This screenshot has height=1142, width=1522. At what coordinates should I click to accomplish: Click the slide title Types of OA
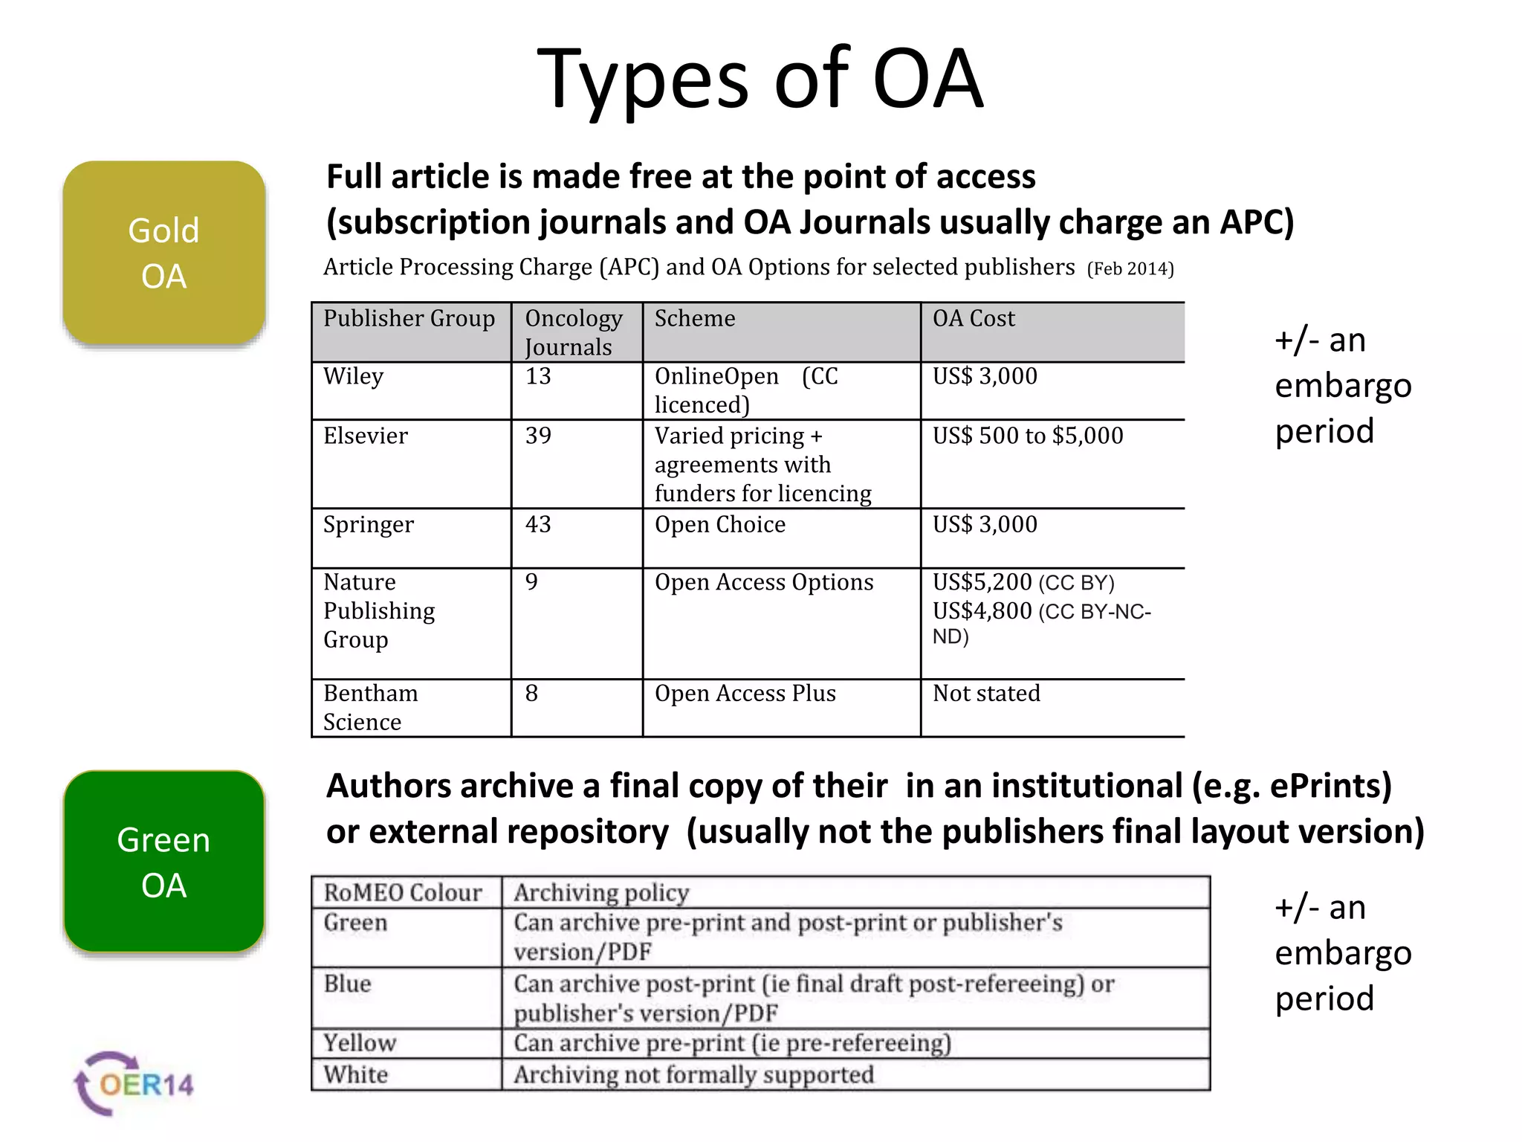(x=760, y=79)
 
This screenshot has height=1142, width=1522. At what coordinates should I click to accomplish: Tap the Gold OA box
(x=164, y=253)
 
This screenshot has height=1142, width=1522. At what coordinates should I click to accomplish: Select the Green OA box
(x=164, y=862)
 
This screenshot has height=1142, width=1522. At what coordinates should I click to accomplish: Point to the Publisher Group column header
(x=409, y=319)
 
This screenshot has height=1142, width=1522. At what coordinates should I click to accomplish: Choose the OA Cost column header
(x=974, y=319)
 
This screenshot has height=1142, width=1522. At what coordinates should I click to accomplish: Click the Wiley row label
(x=354, y=376)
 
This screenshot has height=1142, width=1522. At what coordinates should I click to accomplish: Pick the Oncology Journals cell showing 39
(x=538, y=436)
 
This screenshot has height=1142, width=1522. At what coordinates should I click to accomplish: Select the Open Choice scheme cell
(x=719, y=525)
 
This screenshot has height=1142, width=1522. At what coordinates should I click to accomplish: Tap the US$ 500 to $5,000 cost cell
(x=1028, y=436)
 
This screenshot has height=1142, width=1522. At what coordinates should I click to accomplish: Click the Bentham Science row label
(x=370, y=707)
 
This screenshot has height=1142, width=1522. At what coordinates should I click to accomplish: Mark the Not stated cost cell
(x=986, y=694)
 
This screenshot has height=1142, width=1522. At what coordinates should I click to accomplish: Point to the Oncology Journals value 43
(x=538, y=525)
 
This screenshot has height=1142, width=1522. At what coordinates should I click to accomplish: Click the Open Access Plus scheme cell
(x=745, y=694)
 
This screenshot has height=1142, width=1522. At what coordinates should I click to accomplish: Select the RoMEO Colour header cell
(x=403, y=892)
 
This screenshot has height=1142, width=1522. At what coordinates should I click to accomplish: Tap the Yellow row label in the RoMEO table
(x=360, y=1043)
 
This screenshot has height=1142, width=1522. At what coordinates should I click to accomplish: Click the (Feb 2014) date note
(x=1130, y=269)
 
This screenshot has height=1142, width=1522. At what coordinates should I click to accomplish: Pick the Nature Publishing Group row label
(x=379, y=610)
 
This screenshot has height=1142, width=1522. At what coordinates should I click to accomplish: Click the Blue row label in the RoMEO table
(x=347, y=984)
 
